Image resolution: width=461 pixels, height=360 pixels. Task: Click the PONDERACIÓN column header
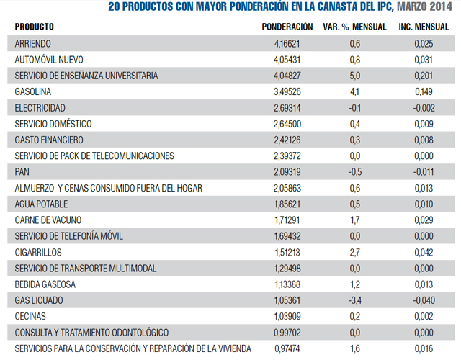tap(287, 27)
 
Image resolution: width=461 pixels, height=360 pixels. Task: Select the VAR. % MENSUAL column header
tap(354, 27)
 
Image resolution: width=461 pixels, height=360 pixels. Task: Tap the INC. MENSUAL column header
tap(424, 27)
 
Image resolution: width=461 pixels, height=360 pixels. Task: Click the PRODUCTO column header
tap(35, 27)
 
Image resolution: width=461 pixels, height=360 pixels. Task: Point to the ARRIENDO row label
tap(33, 44)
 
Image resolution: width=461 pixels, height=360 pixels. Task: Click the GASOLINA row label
tap(33, 91)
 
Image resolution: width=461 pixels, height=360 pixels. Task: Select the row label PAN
tap(22, 171)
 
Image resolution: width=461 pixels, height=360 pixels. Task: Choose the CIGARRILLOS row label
tap(38, 252)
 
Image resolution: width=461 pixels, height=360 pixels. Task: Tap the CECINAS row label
tap(30, 316)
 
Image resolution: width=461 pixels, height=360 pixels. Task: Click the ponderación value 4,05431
tap(287, 60)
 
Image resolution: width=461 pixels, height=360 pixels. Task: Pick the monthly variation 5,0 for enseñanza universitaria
tap(355, 76)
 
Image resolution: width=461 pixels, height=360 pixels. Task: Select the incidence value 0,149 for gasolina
tap(424, 91)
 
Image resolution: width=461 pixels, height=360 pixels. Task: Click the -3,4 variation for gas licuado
tap(355, 300)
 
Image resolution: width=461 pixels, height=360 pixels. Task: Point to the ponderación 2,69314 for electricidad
tap(287, 108)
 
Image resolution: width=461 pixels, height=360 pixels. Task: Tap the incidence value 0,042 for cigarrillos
tap(424, 252)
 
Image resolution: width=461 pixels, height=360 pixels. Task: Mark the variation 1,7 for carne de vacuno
tap(355, 220)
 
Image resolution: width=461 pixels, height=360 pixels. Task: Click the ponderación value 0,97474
tap(287, 348)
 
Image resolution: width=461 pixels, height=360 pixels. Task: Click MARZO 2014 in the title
tap(424, 6)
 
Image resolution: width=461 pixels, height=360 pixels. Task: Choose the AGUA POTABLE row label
tap(41, 204)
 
